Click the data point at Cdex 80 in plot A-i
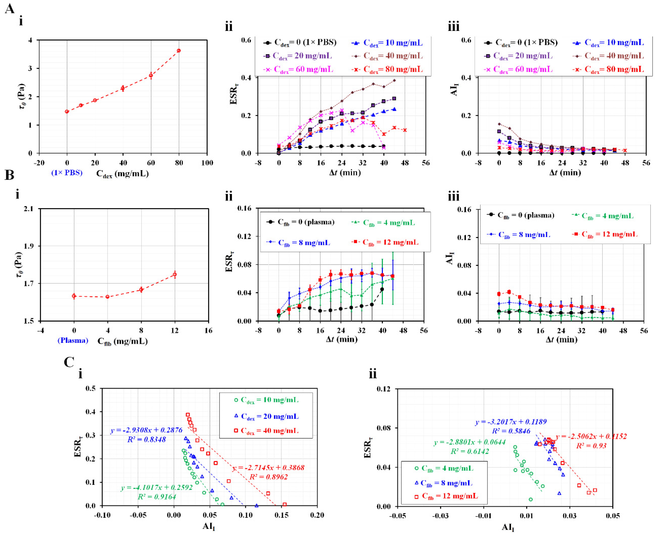tap(179, 50)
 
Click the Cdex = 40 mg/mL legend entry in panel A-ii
tap(388, 56)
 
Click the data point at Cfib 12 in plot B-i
tap(175, 274)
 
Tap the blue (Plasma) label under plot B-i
tap(73, 340)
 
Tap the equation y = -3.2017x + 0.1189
tap(511, 422)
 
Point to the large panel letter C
tap(69, 362)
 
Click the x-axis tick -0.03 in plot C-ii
tap(440, 516)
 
